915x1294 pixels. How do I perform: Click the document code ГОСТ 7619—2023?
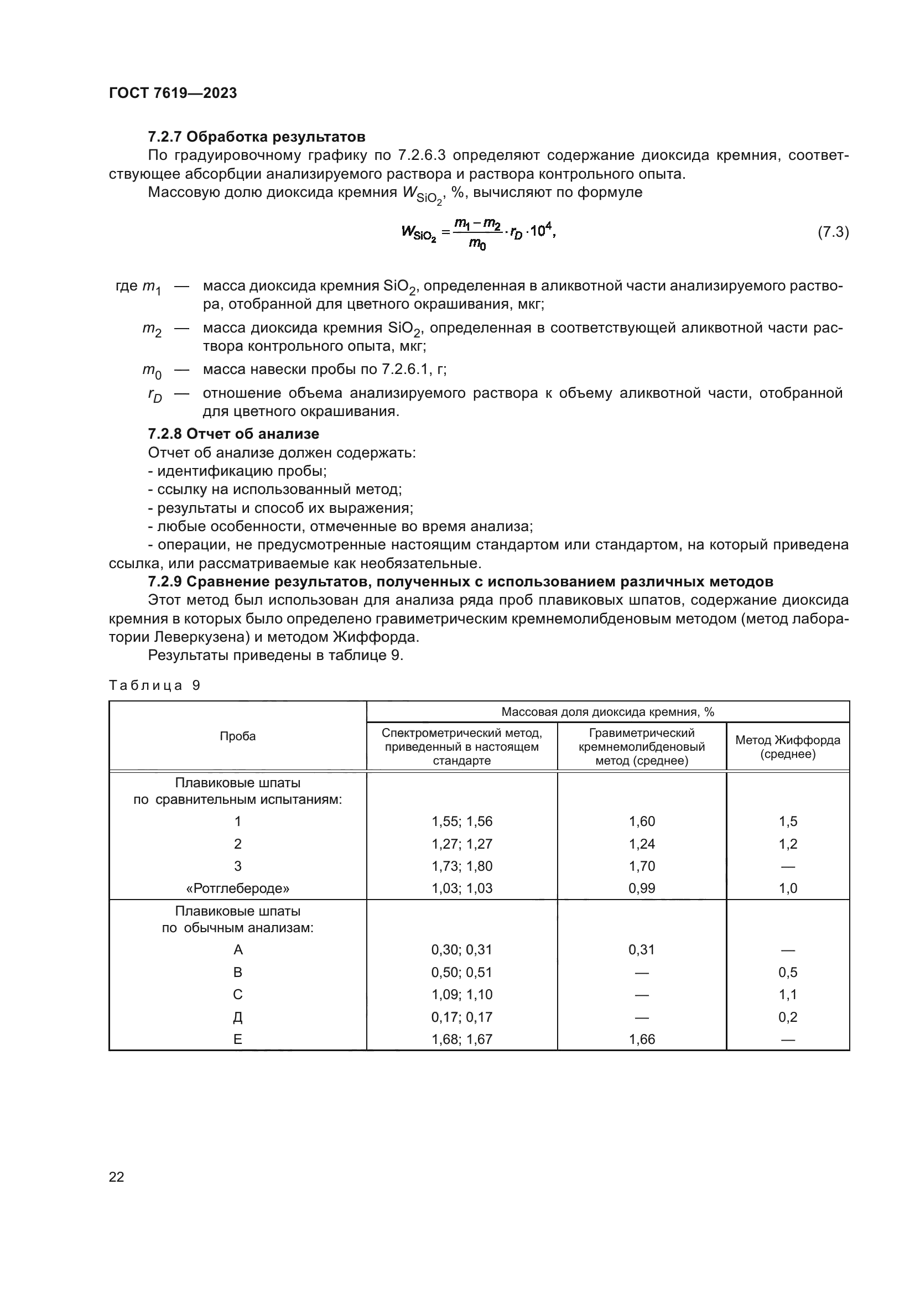pyautogui.click(x=173, y=93)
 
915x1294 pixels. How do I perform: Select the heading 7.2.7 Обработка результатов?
pyautogui.click(x=256, y=137)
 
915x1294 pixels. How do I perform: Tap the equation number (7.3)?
pyautogui.click(x=833, y=232)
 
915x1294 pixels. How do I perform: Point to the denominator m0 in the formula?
pyautogui.click(x=477, y=245)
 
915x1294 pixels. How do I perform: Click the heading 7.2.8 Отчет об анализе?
pyautogui.click(x=233, y=434)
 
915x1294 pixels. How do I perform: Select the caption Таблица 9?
pyautogui.click(x=154, y=685)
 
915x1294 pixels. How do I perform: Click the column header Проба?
pyautogui.click(x=237, y=736)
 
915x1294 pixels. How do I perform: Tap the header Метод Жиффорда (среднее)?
pyautogui.click(x=787, y=747)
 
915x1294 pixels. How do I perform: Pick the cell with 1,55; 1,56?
pyautogui.click(x=461, y=821)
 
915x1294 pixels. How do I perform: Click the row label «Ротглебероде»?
pyautogui.click(x=237, y=888)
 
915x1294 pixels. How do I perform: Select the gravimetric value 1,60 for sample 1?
pyautogui.click(x=641, y=821)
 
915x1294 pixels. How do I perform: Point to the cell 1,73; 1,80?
pyautogui.click(x=461, y=866)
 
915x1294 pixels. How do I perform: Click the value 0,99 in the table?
pyautogui.click(x=641, y=888)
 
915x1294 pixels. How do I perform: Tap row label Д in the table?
pyautogui.click(x=237, y=1017)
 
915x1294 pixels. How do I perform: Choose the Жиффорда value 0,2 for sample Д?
pyautogui.click(x=787, y=1017)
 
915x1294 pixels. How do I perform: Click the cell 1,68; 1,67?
pyautogui.click(x=461, y=1040)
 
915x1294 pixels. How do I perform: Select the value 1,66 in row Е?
pyautogui.click(x=641, y=1040)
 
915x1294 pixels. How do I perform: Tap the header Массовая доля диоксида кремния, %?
pyautogui.click(x=607, y=712)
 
